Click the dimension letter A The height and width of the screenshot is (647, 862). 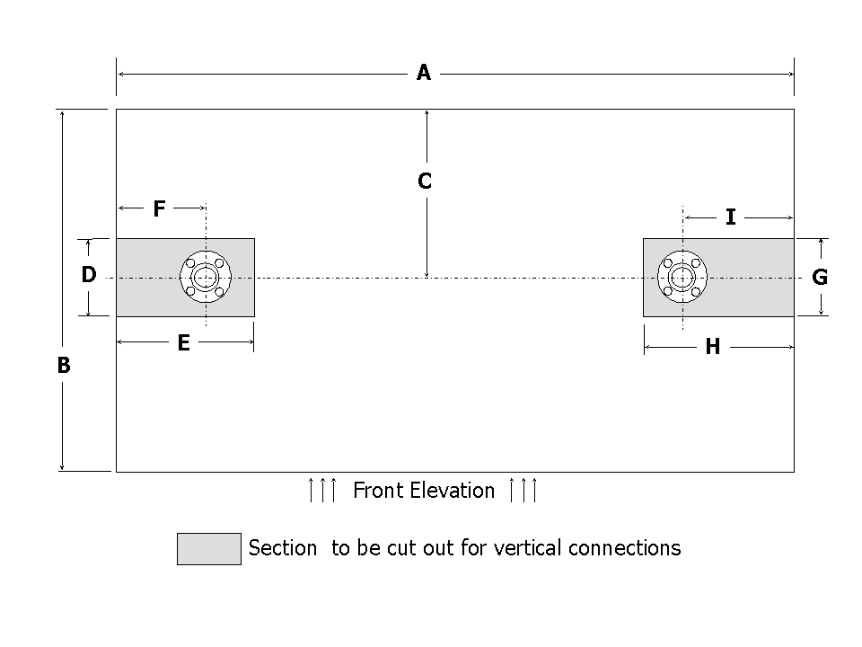pos(424,73)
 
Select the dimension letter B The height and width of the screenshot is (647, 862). pos(64,366)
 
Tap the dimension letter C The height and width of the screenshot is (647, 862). pos(425,182)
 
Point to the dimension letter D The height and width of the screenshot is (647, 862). pos(88,275)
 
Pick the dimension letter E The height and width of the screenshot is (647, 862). pos(183,343)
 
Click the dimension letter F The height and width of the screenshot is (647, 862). pos(159,209)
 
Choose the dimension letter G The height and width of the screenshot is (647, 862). pos(820,278)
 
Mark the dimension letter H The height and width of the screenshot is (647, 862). pos(712,348)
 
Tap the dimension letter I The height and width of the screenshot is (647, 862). pos(730,217)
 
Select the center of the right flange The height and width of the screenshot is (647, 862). pos(682,278)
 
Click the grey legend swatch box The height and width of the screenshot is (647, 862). pos(209,548)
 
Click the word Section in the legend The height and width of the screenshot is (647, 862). pos(282,548)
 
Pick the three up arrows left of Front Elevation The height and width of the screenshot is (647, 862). pos(322,491)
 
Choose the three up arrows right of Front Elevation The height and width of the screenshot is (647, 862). pos(523,491)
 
